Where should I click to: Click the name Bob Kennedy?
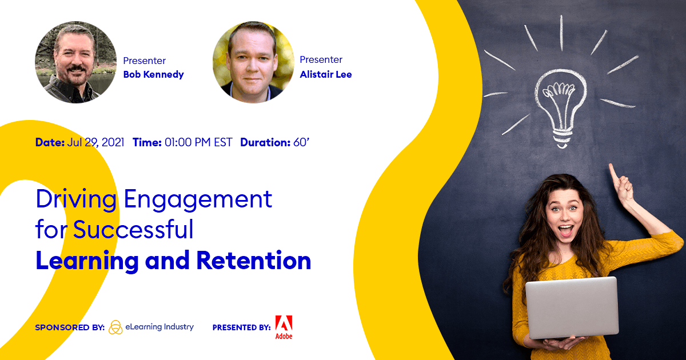[x=153, y=74]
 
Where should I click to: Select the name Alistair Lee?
[x=325, y=74]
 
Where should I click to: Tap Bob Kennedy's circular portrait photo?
[x=75, y=62]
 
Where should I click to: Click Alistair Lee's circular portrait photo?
[x=253, y=62]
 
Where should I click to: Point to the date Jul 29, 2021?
[x=95, y=142]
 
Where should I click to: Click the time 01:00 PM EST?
[x=198, y=142]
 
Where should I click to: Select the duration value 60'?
[x=301, y=142]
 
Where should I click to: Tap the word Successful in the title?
[x=133, y=229]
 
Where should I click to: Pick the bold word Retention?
[x=254, y=261]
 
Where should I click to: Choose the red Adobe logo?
[x=284, y=327]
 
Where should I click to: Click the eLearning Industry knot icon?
[x=115, y=327]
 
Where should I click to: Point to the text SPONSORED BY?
[x=70, y=327]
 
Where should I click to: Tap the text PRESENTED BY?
[x=242, y=327]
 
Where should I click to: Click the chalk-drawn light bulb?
[x=561, y=107]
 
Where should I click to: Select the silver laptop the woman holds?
[x=572, y=307]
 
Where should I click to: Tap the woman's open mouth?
[x=565, y=230]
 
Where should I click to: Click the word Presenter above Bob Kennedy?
[x=144, y=61]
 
